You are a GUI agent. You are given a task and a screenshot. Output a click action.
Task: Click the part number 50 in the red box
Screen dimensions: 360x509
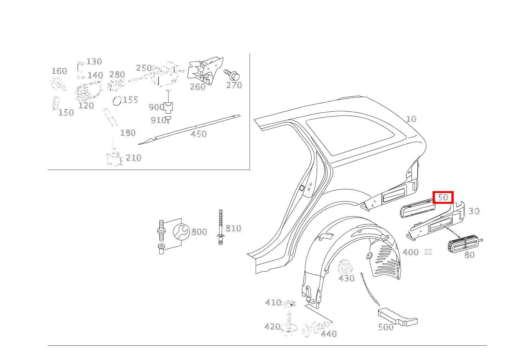click(443, 197)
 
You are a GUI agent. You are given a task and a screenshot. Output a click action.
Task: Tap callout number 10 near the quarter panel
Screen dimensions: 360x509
click(411, 119)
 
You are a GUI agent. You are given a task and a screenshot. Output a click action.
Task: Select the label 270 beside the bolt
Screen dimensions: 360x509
click(234, 85)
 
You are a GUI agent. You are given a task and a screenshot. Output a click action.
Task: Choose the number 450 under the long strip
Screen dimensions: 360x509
click(198, 134)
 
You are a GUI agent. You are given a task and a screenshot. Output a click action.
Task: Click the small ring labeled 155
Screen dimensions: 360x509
click(117, 101)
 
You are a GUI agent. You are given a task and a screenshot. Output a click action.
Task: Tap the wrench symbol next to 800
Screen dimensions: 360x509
click(181, 231)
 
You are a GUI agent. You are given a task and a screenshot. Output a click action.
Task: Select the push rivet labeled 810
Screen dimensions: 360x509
click(220, 226)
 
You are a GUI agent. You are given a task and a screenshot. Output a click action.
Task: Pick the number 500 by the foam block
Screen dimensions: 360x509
click(385, 327)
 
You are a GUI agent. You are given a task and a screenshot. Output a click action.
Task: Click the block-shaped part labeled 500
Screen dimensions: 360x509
click(397, 316)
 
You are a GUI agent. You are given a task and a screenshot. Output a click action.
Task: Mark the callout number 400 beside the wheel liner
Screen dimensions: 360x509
click(410, 253)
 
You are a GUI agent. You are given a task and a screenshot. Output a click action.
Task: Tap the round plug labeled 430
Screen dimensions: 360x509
click(345, 266)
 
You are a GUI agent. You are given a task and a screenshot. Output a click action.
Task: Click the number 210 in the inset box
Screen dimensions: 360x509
click(133, 158)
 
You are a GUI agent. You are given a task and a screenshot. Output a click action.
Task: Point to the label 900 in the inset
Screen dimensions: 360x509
click(156, 107)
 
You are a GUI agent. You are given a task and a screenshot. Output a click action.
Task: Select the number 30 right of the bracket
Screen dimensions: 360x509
click(474, 211)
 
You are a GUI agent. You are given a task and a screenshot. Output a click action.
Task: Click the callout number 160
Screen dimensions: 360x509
click(59, 71)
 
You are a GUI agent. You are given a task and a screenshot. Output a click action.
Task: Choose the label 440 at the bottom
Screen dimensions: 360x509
click(329, 334)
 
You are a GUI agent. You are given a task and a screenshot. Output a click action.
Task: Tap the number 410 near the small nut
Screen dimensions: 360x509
click(273, 303)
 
